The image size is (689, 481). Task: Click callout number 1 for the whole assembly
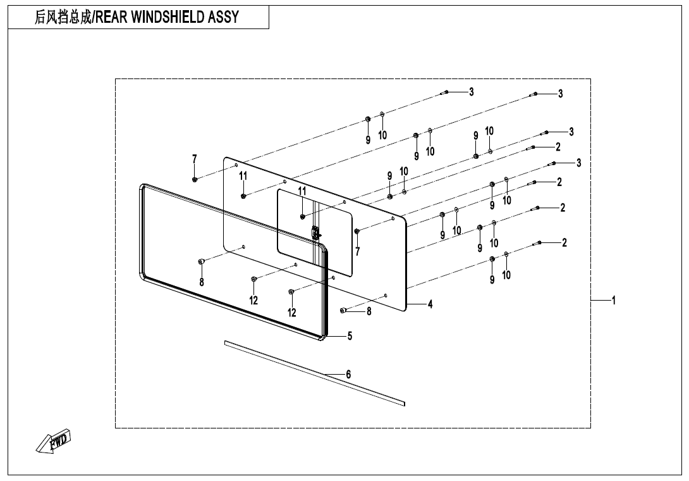point(613,300)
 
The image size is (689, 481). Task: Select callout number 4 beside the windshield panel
point(430,304)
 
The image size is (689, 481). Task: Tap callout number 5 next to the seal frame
point(350,336)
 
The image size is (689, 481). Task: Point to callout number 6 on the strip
point(348,375)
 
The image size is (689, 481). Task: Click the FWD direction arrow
point(54,440)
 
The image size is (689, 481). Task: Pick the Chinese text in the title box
point(63,17)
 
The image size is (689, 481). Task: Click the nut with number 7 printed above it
point(195,179)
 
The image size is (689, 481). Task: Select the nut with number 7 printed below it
point(357,231)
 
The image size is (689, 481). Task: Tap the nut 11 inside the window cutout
point(303,217)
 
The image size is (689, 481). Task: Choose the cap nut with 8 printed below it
point(201,261)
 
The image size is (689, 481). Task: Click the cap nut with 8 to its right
point(343,310)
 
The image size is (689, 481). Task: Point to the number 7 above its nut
point(195,159)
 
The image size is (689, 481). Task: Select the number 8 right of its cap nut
point(369,311)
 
